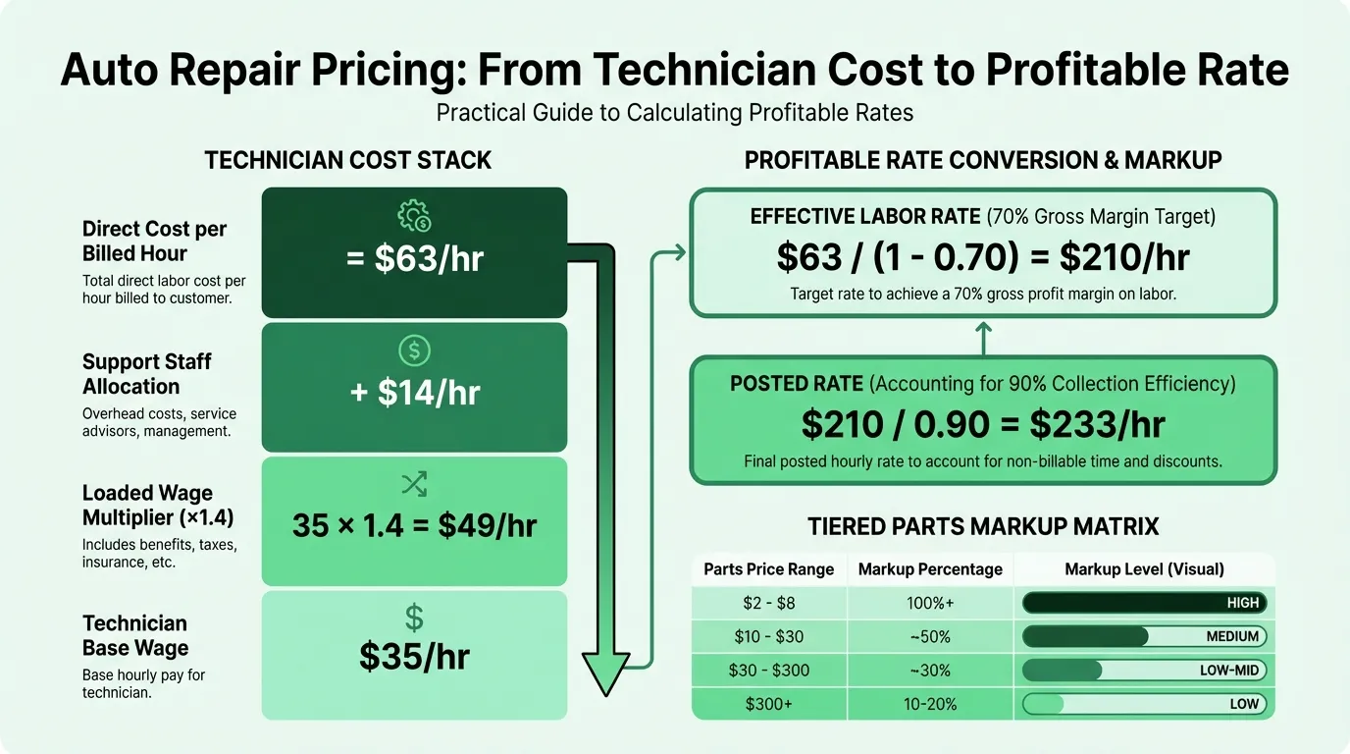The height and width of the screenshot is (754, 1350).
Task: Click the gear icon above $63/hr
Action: point(414,215)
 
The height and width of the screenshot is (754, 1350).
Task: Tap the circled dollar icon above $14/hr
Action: point(415,350)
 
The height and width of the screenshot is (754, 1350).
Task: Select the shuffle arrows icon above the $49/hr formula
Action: point(414,484)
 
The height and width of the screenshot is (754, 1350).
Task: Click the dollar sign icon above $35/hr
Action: point(414,618)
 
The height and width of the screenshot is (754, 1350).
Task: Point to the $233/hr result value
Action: point(1097,424)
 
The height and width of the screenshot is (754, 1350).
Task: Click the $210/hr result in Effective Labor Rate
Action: point(1124,257)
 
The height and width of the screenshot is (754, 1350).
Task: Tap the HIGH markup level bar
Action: point(1145,603)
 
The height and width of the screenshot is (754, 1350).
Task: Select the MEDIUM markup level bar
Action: point(1145,636)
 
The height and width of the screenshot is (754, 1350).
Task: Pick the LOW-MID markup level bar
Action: point(1145,671)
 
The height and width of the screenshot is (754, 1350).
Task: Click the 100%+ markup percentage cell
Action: point(930,603)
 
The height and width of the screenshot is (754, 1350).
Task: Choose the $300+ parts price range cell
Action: point(768,704)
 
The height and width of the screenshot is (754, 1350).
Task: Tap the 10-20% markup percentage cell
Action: point(930,704)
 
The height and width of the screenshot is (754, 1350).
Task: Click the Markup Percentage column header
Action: point(930,568)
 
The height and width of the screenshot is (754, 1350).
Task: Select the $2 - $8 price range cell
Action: point(768,603)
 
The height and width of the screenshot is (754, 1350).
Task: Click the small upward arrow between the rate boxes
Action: point(983,338)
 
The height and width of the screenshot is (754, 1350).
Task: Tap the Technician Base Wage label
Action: point(135,635)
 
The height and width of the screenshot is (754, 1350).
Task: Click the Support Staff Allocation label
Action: point(146,374)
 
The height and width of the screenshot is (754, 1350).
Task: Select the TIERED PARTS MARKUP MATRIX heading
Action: point(983,526)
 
